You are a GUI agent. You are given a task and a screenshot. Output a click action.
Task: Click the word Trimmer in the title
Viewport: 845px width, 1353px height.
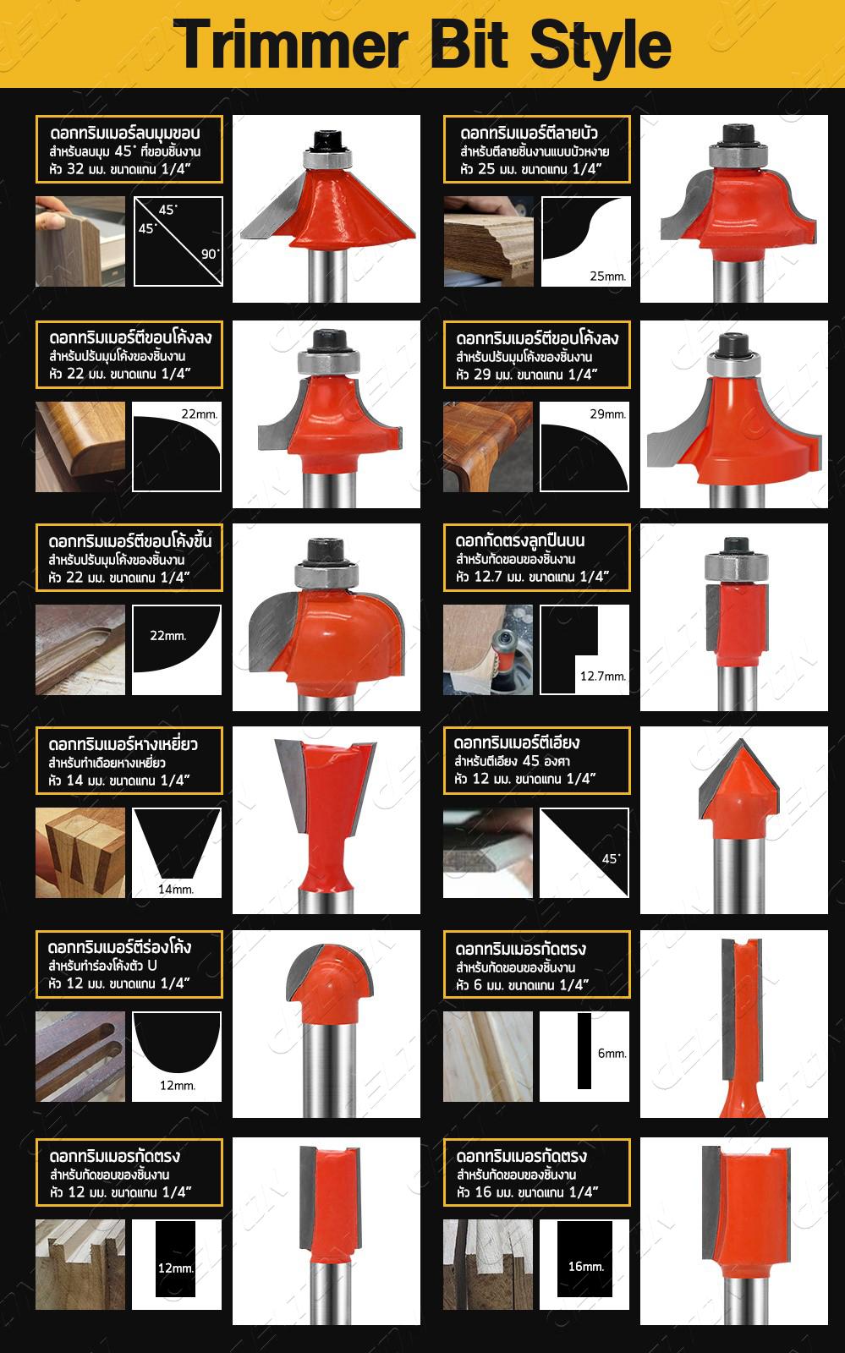point(290,45)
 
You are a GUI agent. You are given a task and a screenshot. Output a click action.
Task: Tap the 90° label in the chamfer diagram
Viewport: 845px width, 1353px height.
point(210,254)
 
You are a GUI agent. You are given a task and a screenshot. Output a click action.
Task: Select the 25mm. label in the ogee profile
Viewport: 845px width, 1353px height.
point(607,277)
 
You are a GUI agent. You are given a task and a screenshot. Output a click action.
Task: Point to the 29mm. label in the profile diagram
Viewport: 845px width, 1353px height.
point(607,414)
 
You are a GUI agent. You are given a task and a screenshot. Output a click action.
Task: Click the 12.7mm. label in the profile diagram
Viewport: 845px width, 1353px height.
point(603,676)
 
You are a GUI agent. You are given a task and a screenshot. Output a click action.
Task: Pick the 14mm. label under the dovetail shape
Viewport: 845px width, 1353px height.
point(176,889)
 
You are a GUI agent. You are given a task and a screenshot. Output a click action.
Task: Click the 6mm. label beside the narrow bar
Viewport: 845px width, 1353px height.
point(612,1054)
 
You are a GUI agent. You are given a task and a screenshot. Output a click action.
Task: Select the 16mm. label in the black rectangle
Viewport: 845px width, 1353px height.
point(586,1267)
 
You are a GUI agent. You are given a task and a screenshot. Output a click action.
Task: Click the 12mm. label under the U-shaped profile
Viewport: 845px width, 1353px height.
point(177,1086)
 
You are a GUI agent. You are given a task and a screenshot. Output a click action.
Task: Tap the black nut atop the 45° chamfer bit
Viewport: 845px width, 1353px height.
point(326,140)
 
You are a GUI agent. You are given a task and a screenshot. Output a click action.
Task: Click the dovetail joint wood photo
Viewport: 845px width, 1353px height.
point(80,852)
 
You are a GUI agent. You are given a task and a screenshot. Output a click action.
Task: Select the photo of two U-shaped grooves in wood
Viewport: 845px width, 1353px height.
point(80,1056)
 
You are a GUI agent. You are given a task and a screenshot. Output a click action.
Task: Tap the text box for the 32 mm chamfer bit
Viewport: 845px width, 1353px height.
point(129,149)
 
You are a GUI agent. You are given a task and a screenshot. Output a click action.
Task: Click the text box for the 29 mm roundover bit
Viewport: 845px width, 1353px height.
point(537,354)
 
